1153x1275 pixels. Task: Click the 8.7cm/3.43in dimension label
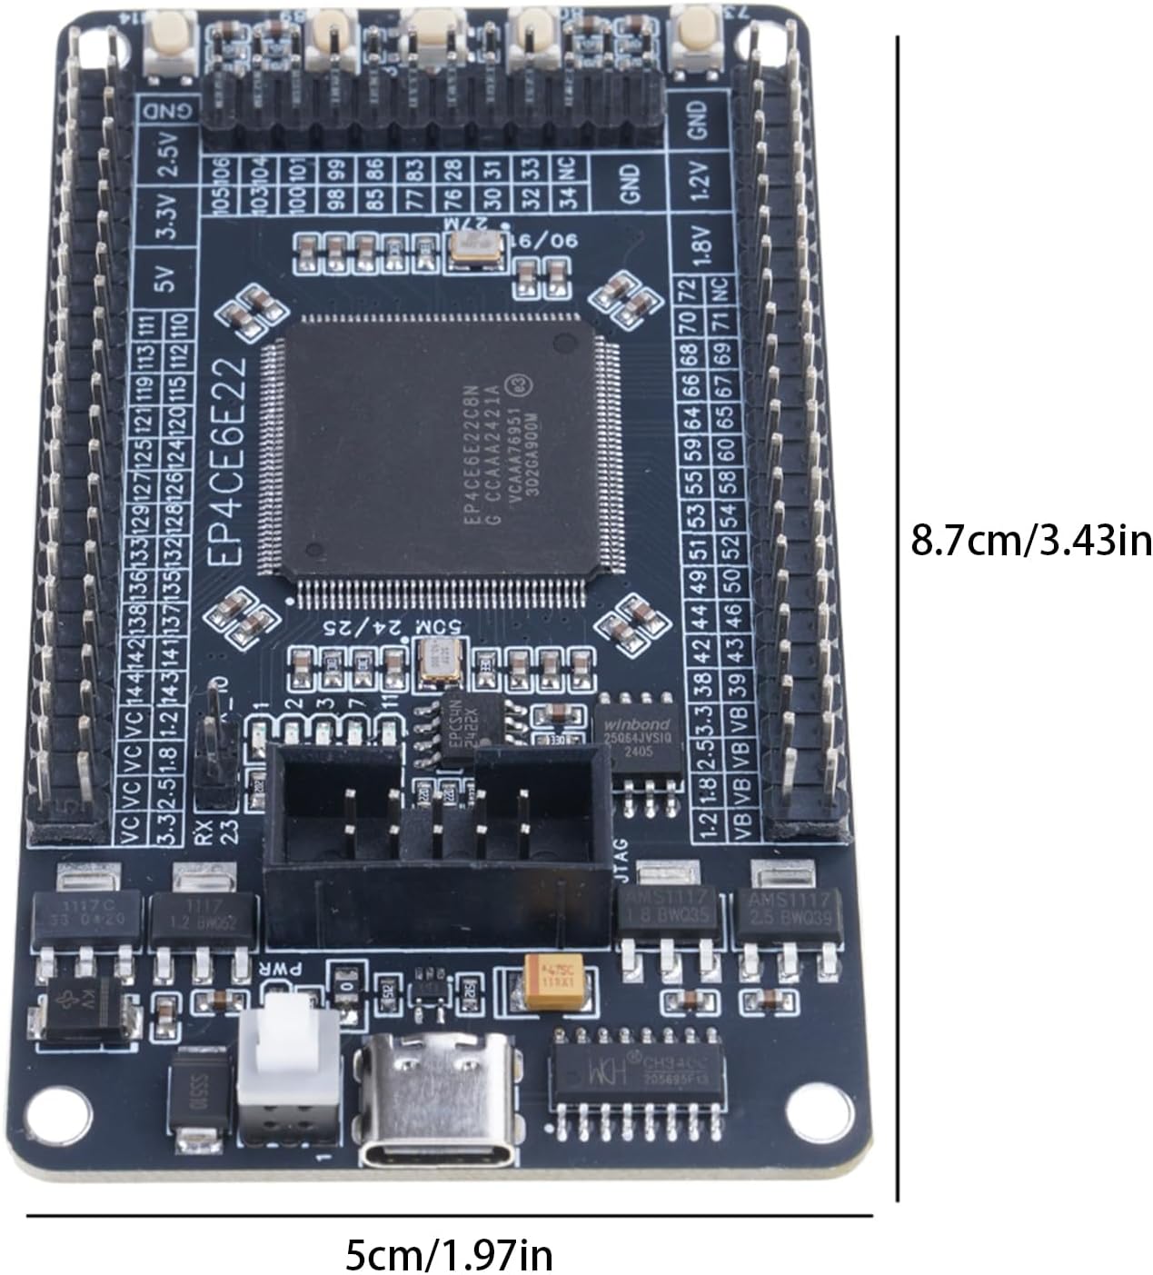click(1030, 542)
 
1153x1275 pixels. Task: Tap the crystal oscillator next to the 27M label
click(476, 248)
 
